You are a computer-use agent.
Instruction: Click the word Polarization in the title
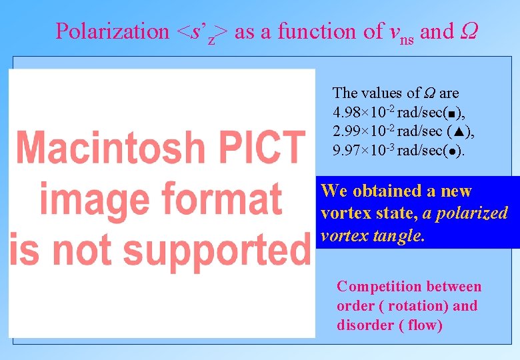pyautogui.click(x=113, y=31)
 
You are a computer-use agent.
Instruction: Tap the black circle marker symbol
pyautogui.click(x=451, y=152)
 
